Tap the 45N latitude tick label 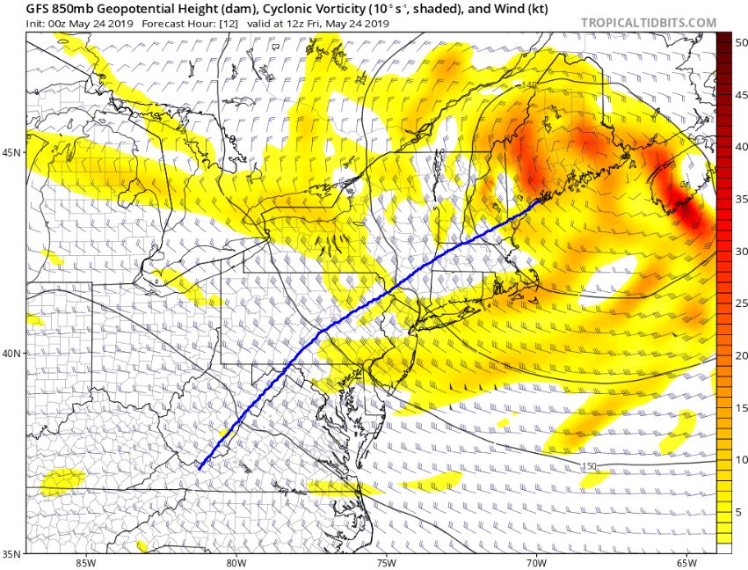point(12,152)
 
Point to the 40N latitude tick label point(12,354)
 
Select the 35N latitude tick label point(12,554)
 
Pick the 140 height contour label point(528,84)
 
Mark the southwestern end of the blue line point(200,469)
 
